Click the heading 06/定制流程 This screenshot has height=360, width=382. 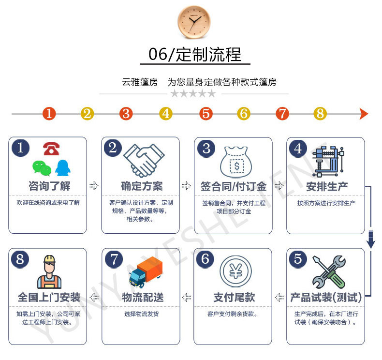195,54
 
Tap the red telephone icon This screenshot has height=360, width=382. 51,149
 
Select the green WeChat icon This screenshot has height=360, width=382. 42,168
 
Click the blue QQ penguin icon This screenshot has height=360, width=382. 63,167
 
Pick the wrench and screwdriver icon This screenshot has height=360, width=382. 328,272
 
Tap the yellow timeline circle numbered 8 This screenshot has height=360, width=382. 320,114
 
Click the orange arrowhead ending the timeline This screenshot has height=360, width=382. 364,114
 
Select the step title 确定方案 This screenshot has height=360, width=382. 141,186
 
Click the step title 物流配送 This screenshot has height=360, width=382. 141,297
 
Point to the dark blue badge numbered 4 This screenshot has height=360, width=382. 298,148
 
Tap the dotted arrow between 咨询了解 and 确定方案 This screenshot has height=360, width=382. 94,186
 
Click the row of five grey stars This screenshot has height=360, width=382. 193,93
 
